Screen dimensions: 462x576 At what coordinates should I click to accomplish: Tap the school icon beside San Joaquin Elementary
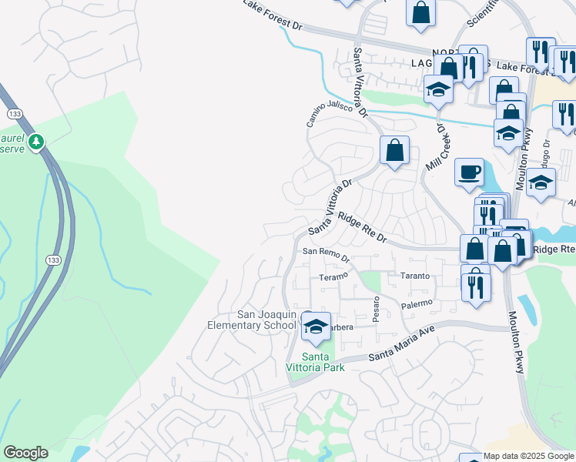click(x=315, y=326)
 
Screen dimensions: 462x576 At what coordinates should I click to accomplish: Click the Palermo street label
click(x=417, y=303)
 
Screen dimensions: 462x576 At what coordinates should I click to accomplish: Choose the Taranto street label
click(x=414, y=276)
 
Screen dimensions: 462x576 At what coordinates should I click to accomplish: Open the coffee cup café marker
click(x=469, y=173)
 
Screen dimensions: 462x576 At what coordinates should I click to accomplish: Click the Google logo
click(x=25, y=453)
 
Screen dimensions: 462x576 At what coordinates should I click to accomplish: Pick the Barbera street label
click(x=338, y=327)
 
